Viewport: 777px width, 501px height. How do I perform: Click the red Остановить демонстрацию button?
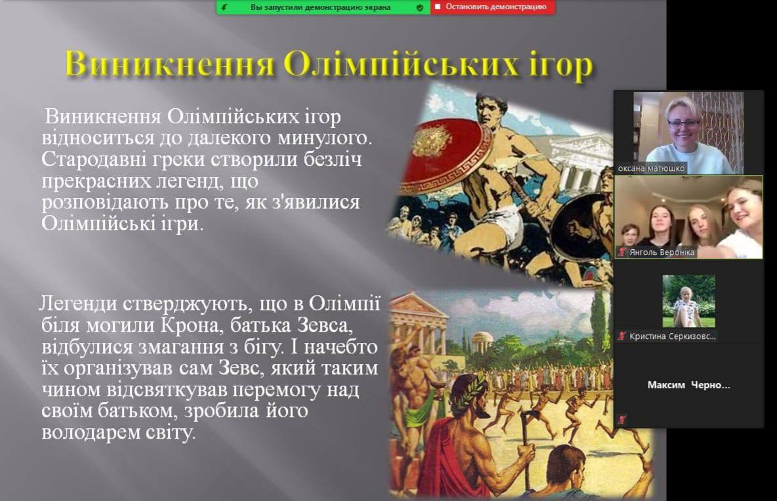coord(492,7)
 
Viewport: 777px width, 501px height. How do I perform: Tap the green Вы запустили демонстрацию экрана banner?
coord(323,7)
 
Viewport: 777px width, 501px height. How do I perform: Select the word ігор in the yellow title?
coord(561,66)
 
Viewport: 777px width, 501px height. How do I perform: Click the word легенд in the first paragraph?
coord(189,181)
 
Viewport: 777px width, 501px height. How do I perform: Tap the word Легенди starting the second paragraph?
coord(78,303)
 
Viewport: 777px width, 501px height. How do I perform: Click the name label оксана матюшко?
coord(651,169)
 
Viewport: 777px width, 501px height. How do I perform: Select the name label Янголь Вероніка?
coord(662,252)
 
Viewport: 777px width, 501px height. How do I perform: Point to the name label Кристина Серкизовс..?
coord(673,336)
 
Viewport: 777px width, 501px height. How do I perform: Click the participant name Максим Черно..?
coord(688,384)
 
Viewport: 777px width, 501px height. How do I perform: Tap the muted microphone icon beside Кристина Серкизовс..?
coord(622,336)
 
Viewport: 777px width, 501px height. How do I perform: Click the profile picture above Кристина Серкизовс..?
coord(688,301)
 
